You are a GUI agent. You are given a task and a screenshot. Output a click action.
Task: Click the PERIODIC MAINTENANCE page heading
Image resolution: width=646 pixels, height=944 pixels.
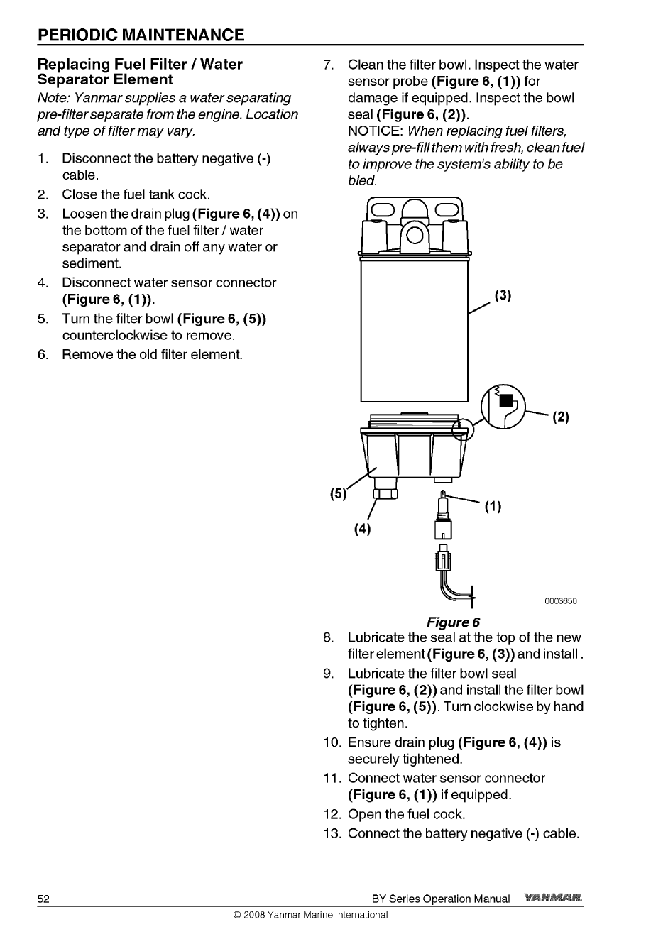pos(141,35)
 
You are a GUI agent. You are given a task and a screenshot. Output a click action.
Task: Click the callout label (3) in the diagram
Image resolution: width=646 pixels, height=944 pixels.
pos(503,295)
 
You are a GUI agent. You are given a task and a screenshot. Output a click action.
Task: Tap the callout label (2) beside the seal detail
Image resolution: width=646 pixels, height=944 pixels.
pos(561,417)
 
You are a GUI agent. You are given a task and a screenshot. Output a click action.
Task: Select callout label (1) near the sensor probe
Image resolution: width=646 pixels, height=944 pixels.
pos(493,507)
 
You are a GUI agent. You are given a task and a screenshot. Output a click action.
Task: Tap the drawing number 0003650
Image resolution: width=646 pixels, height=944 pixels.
pos(561,601)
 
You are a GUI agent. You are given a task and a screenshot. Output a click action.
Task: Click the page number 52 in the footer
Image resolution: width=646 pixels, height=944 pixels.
pos(44,899)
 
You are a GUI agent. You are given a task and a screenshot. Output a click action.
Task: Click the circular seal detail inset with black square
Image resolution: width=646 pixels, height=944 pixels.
pos(503,407)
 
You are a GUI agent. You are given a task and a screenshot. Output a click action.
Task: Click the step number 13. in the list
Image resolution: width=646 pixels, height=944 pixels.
pos(333,833)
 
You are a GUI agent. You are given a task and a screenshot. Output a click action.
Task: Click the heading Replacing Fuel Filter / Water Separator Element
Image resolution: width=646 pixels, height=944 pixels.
pos(140,72)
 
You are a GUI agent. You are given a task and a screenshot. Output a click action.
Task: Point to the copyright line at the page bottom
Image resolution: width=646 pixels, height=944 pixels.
pos(310,915)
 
